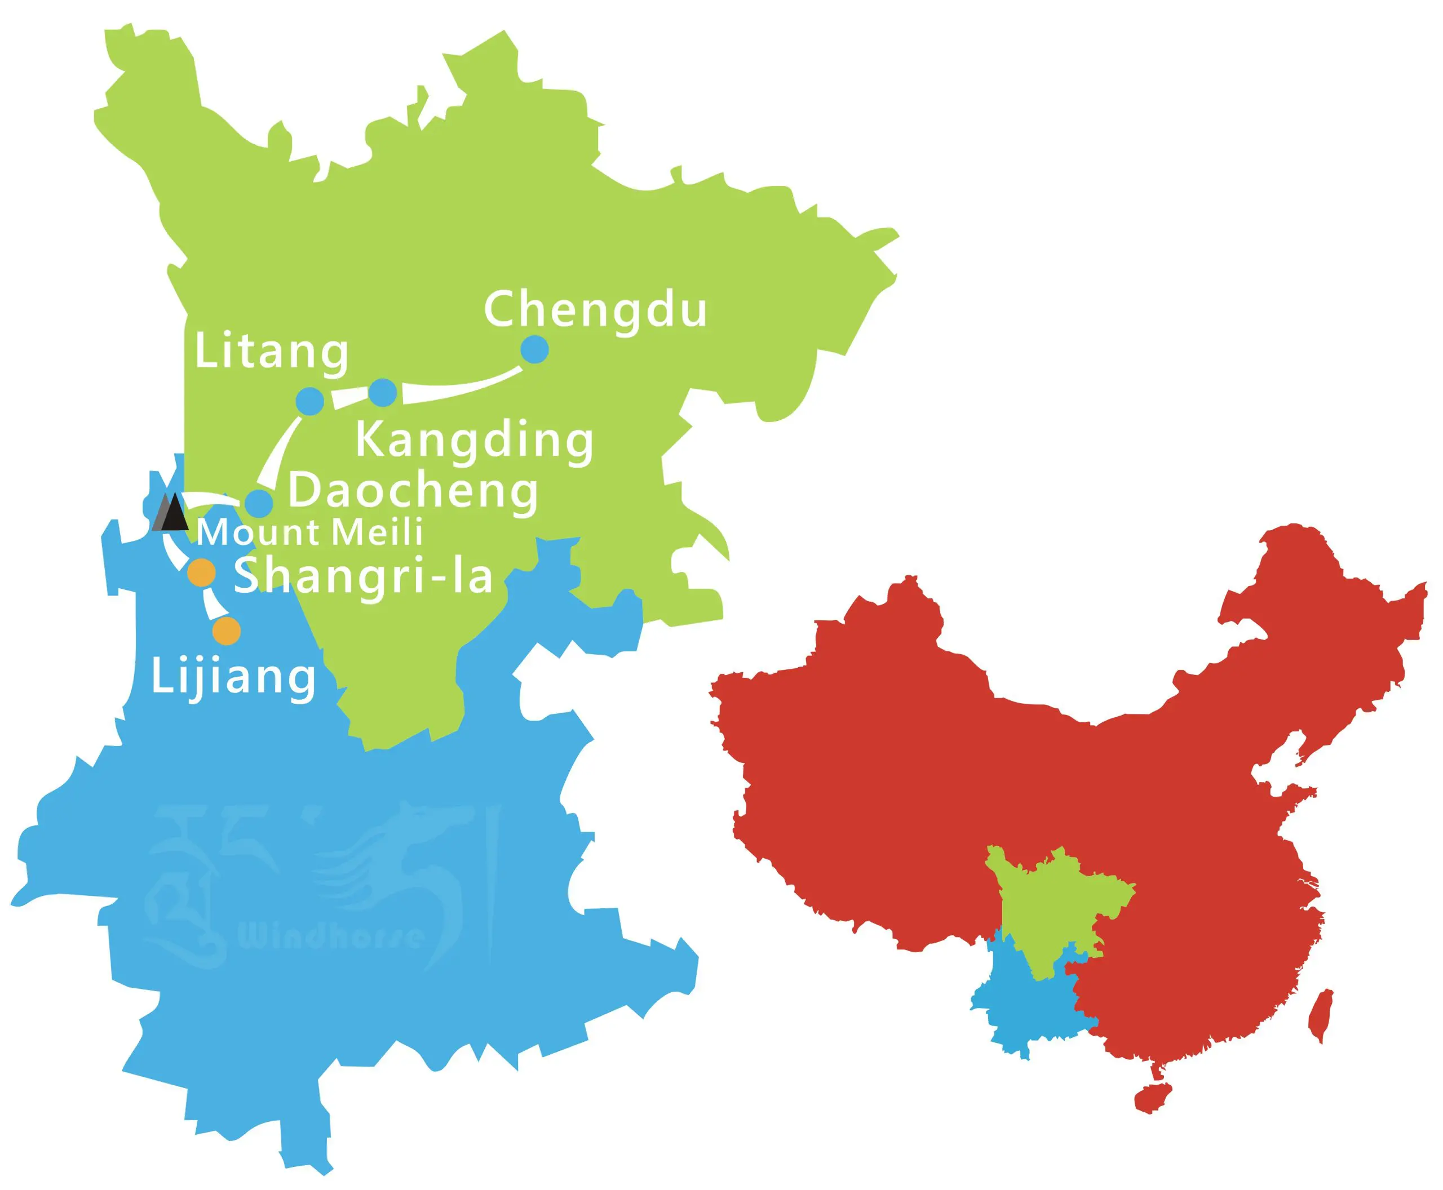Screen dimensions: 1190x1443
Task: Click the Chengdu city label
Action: (595, 310)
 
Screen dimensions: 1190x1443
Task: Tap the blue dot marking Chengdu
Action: (534, 349)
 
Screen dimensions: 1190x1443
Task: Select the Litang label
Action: (272, 352)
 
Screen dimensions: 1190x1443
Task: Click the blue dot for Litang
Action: (310, 400)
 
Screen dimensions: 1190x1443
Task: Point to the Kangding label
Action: (474, 440)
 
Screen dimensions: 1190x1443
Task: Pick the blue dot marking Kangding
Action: (383, 392)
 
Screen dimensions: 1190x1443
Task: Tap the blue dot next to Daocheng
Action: (259, 503)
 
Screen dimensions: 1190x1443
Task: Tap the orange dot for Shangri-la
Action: (202, 572)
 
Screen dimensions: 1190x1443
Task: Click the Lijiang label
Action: (233, 677)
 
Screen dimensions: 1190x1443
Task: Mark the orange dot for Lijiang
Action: (227, 630)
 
